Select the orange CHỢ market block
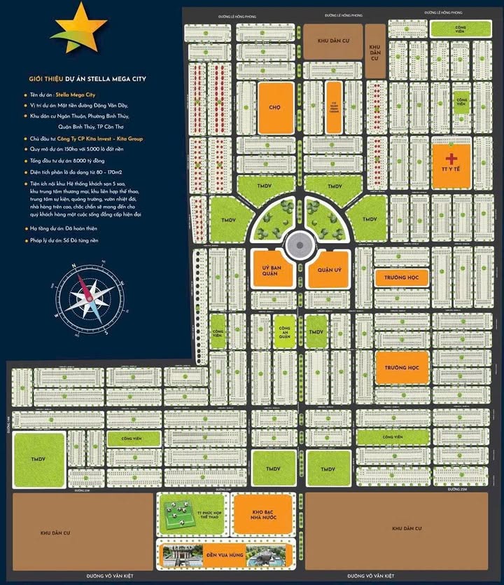coord(274,108)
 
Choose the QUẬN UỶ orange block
coord(328,270)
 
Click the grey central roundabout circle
coord(299,245)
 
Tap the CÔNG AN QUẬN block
coord(283,332)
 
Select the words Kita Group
coord(132,139)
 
